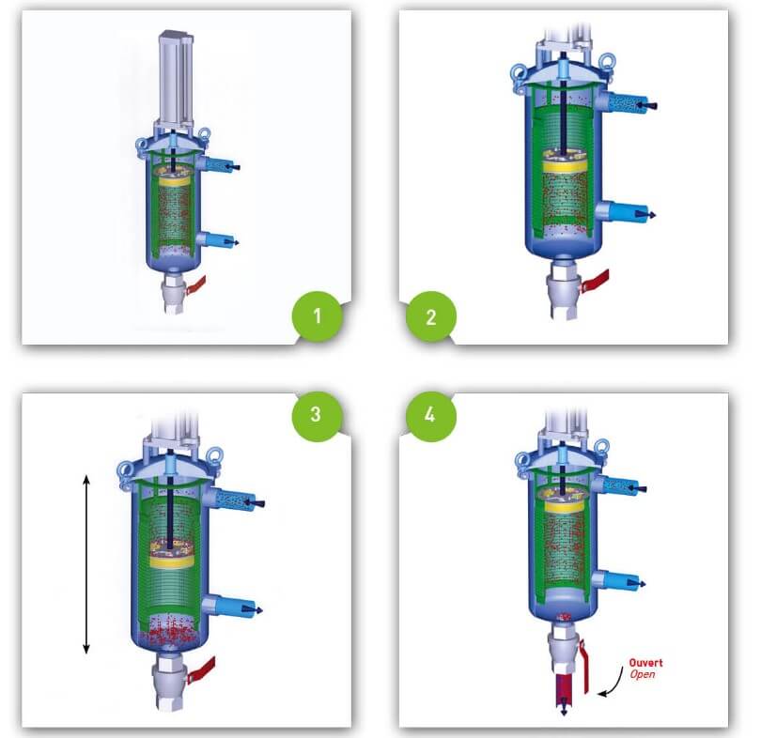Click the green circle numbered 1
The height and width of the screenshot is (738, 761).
(x=316, y=315)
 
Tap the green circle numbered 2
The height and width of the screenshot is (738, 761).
(x=430, y=315)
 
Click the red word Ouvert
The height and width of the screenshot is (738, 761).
(x=647, y=663)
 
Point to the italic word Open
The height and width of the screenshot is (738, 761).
(x=644, y=674)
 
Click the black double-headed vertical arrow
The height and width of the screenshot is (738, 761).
(x=86, y=563)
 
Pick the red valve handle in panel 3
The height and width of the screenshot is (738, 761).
(x=202, y=669)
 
